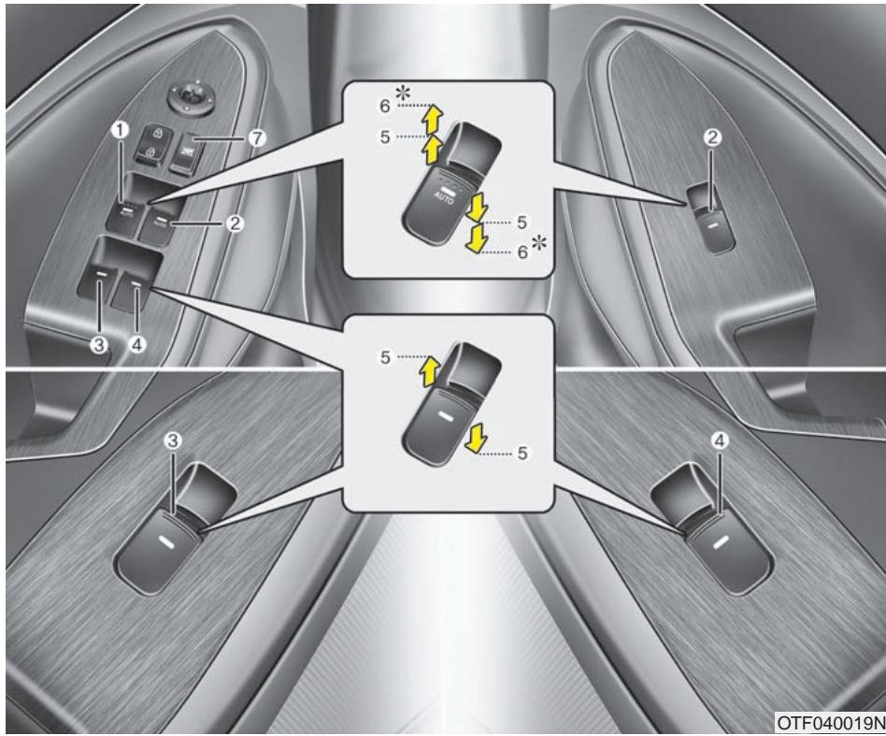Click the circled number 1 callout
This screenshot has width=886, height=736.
pyautogui.click(x=119, y=133)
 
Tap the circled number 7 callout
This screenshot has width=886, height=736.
pyautogui.click(x=257, y=137)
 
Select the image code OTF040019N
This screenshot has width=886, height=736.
pyautogui.click(x=828, y=725)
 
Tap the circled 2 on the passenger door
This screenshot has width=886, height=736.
pyautogui.click(x=712, y=137)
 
